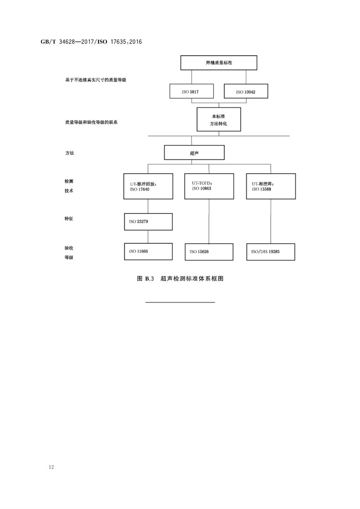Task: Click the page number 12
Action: pyautogui.click(x=51, y=467)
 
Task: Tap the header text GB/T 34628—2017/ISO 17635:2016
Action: pyautogui.click(x=91, y=42)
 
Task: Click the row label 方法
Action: pyautogui.click(x=69, y=153)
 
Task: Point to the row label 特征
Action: pyautogui.click(x=69, y=218)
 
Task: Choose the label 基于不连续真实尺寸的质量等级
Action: pyautogui.click(x=96, y=80)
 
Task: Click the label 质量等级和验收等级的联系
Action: pyautogui.click(x=91, y=122)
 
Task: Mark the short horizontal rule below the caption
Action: pyautogui.click(x=180, y=302)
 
